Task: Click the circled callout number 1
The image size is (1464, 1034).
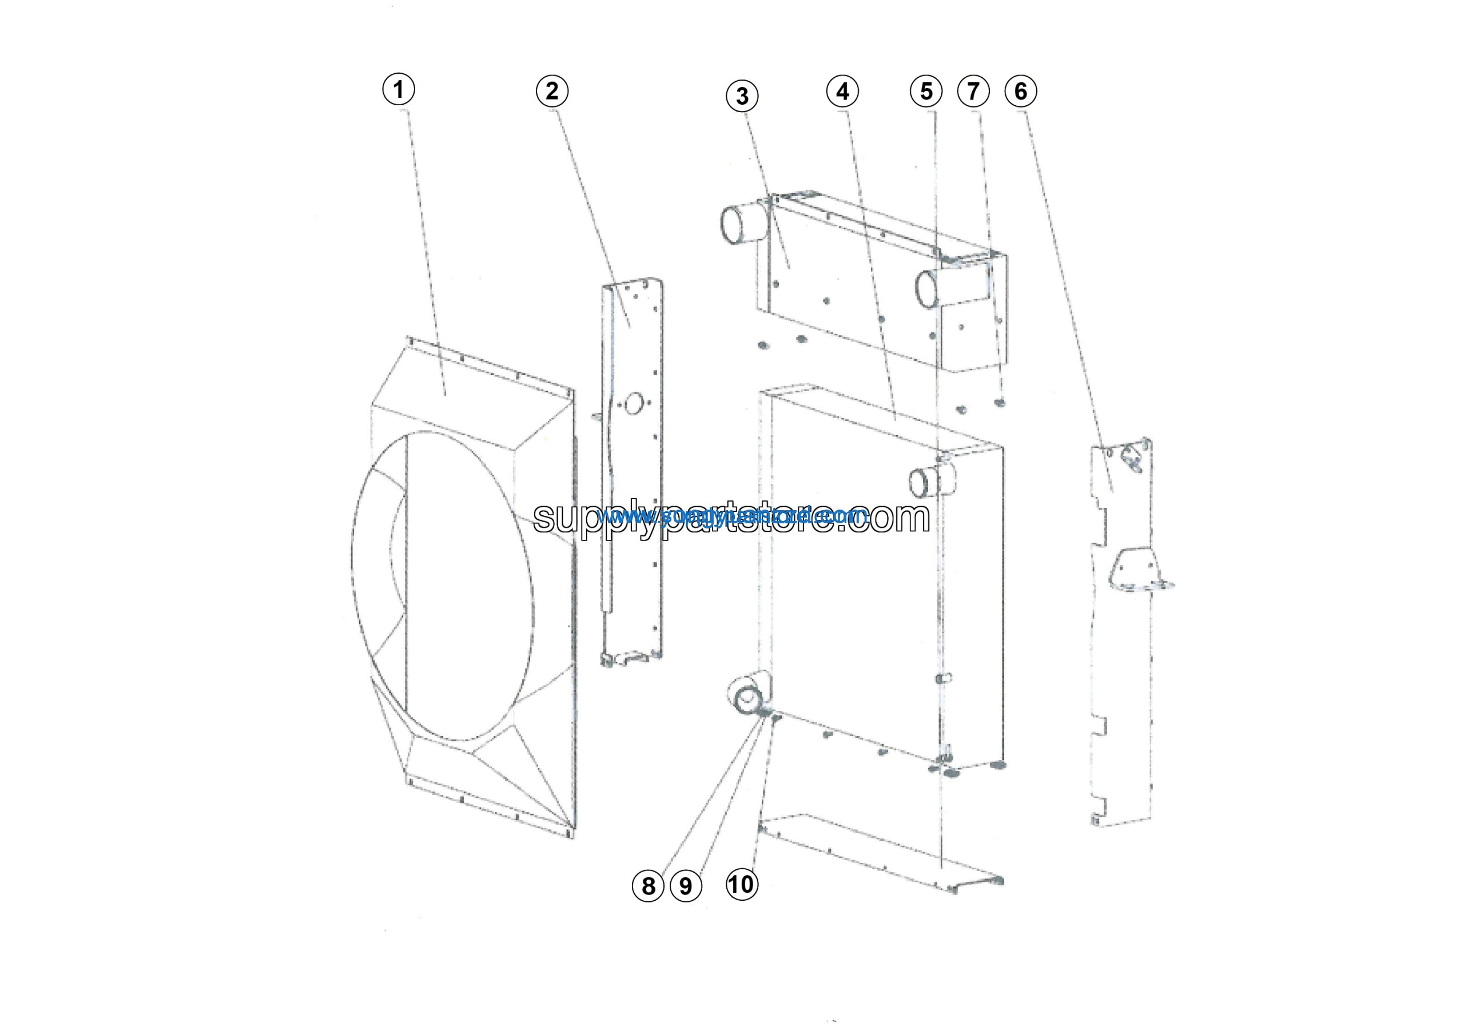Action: (x=399, y=89)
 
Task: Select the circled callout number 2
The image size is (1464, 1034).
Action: (x=552, y=91)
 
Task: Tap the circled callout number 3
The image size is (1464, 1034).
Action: (x=742, y=97)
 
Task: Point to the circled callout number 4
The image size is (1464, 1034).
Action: (x=842, y=92)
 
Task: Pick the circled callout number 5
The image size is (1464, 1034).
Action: (x=926, y=92)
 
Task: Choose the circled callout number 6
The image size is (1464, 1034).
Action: (x=1020, y=92)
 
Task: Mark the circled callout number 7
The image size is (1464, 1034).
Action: (x=973, y=92)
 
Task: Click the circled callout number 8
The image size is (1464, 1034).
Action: (x=648, y=885)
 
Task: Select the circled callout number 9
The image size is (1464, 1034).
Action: (x=686, y=886)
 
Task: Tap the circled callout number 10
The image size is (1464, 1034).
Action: (x=742, y=884)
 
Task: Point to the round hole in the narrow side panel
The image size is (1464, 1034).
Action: (x=634, y=403)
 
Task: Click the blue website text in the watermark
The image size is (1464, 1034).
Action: (x=733, y=515)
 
